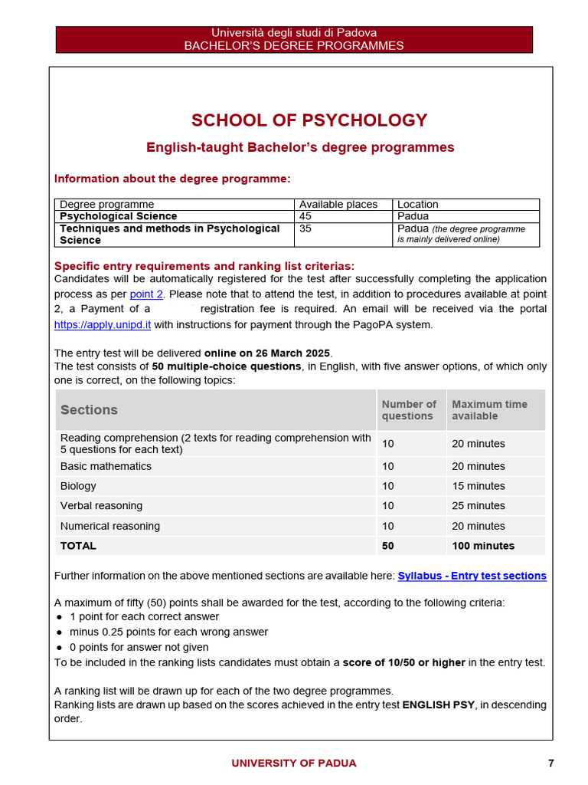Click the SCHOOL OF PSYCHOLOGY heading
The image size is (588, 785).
309,120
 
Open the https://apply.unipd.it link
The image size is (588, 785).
102,324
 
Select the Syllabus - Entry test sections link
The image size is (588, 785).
472,576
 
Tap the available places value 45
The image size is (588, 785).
305,216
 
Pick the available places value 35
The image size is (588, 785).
305,228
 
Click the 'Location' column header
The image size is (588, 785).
418,205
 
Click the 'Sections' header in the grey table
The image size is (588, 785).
89,410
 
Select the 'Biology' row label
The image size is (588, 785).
78,486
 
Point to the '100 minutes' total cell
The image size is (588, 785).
482,546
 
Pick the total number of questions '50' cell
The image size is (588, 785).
388,546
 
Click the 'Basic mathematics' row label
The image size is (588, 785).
106,466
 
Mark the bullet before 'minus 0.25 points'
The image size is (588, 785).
59,632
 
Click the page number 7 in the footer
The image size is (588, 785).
551,763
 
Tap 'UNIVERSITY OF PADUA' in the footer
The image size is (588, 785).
294,763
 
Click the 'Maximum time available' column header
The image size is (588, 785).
489,410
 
